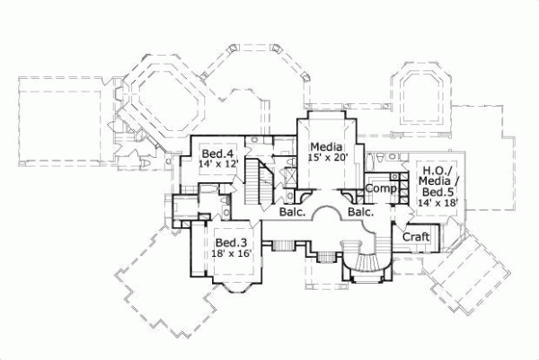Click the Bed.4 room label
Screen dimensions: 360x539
(x=216, y=152)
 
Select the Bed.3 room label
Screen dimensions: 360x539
(x=231, y=242)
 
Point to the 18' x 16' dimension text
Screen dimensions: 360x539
(x=231, y=254)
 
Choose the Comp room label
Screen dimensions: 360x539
(x=381, y=189)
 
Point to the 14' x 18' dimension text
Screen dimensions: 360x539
(x=437, y=203)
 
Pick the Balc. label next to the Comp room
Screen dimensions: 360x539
(x=360, y=213)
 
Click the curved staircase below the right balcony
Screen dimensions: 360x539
(x=370, y=257)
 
